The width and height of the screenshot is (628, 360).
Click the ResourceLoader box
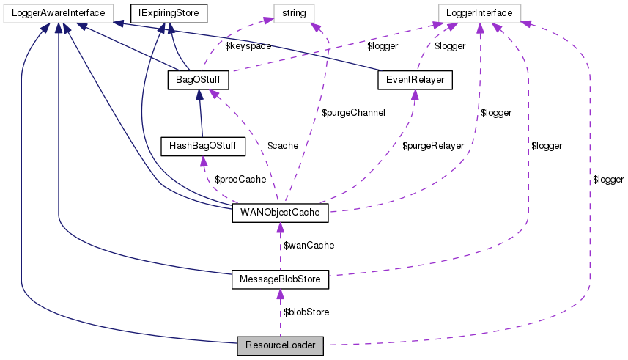(x=280, y=343)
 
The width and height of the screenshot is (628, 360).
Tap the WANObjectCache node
(x=280, y=214)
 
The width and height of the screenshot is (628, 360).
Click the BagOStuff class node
(x=199, y=78)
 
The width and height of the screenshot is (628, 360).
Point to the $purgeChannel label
(x=354, y=113)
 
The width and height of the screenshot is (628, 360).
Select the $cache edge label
(x=283, y=145)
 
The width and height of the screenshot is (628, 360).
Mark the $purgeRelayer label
(x=433, y=145)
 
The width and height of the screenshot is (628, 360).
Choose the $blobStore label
(x=306, y=312)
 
